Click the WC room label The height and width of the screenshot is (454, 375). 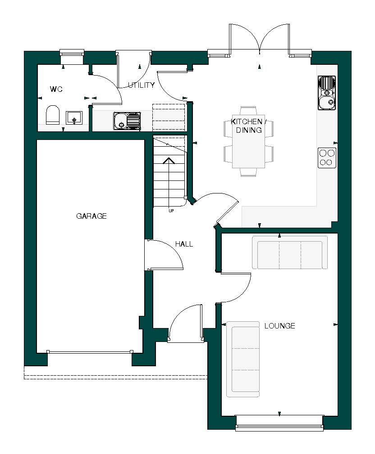click(56, 90)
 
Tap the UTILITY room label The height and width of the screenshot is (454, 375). click(141, 85)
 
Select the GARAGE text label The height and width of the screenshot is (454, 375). click(91, 216)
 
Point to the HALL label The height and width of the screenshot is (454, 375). click(184, 244)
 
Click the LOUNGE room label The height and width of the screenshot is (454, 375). click(279, 326)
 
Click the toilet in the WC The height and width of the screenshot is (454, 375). click(53, 115)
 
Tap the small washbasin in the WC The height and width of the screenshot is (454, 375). click(73, 118)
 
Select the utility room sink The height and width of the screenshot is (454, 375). click(127, 121)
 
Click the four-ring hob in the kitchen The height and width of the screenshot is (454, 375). click(327, 157)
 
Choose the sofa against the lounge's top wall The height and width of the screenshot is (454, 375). click(290, 252)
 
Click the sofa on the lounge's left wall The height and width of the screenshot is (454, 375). click(243, 359)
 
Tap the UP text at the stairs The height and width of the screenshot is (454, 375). click(171, 211)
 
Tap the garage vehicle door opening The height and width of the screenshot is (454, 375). click(90, 352)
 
